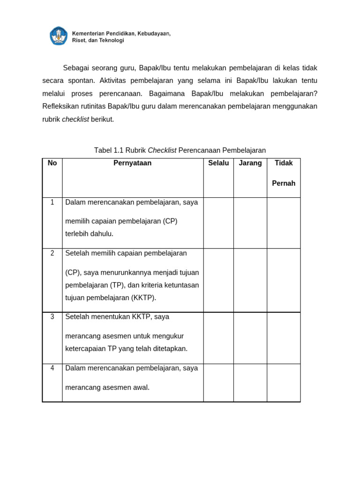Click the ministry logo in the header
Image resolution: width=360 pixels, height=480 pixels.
59,36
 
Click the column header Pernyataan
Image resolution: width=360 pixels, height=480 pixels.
132,163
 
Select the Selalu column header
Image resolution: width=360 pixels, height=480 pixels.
218,163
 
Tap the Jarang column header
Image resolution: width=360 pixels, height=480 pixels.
250,163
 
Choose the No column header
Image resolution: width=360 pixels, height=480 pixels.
52,163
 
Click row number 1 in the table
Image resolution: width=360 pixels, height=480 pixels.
52,202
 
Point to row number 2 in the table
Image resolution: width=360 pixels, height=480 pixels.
52,253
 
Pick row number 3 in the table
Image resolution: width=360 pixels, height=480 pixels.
52,317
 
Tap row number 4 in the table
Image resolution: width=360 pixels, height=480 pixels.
52,368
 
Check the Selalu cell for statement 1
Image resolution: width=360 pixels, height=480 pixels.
218,223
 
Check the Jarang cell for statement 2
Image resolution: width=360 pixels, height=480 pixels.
250,280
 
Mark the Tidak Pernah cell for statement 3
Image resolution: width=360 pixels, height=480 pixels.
284,337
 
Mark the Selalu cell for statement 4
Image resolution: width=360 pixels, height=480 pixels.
218,382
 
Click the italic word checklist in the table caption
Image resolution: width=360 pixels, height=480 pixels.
162,150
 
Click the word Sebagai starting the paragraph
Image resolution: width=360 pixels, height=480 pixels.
76,68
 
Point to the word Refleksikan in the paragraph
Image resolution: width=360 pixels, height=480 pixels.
61,106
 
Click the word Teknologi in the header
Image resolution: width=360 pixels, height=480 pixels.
110,41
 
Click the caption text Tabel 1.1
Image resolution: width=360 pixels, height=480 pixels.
107,150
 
